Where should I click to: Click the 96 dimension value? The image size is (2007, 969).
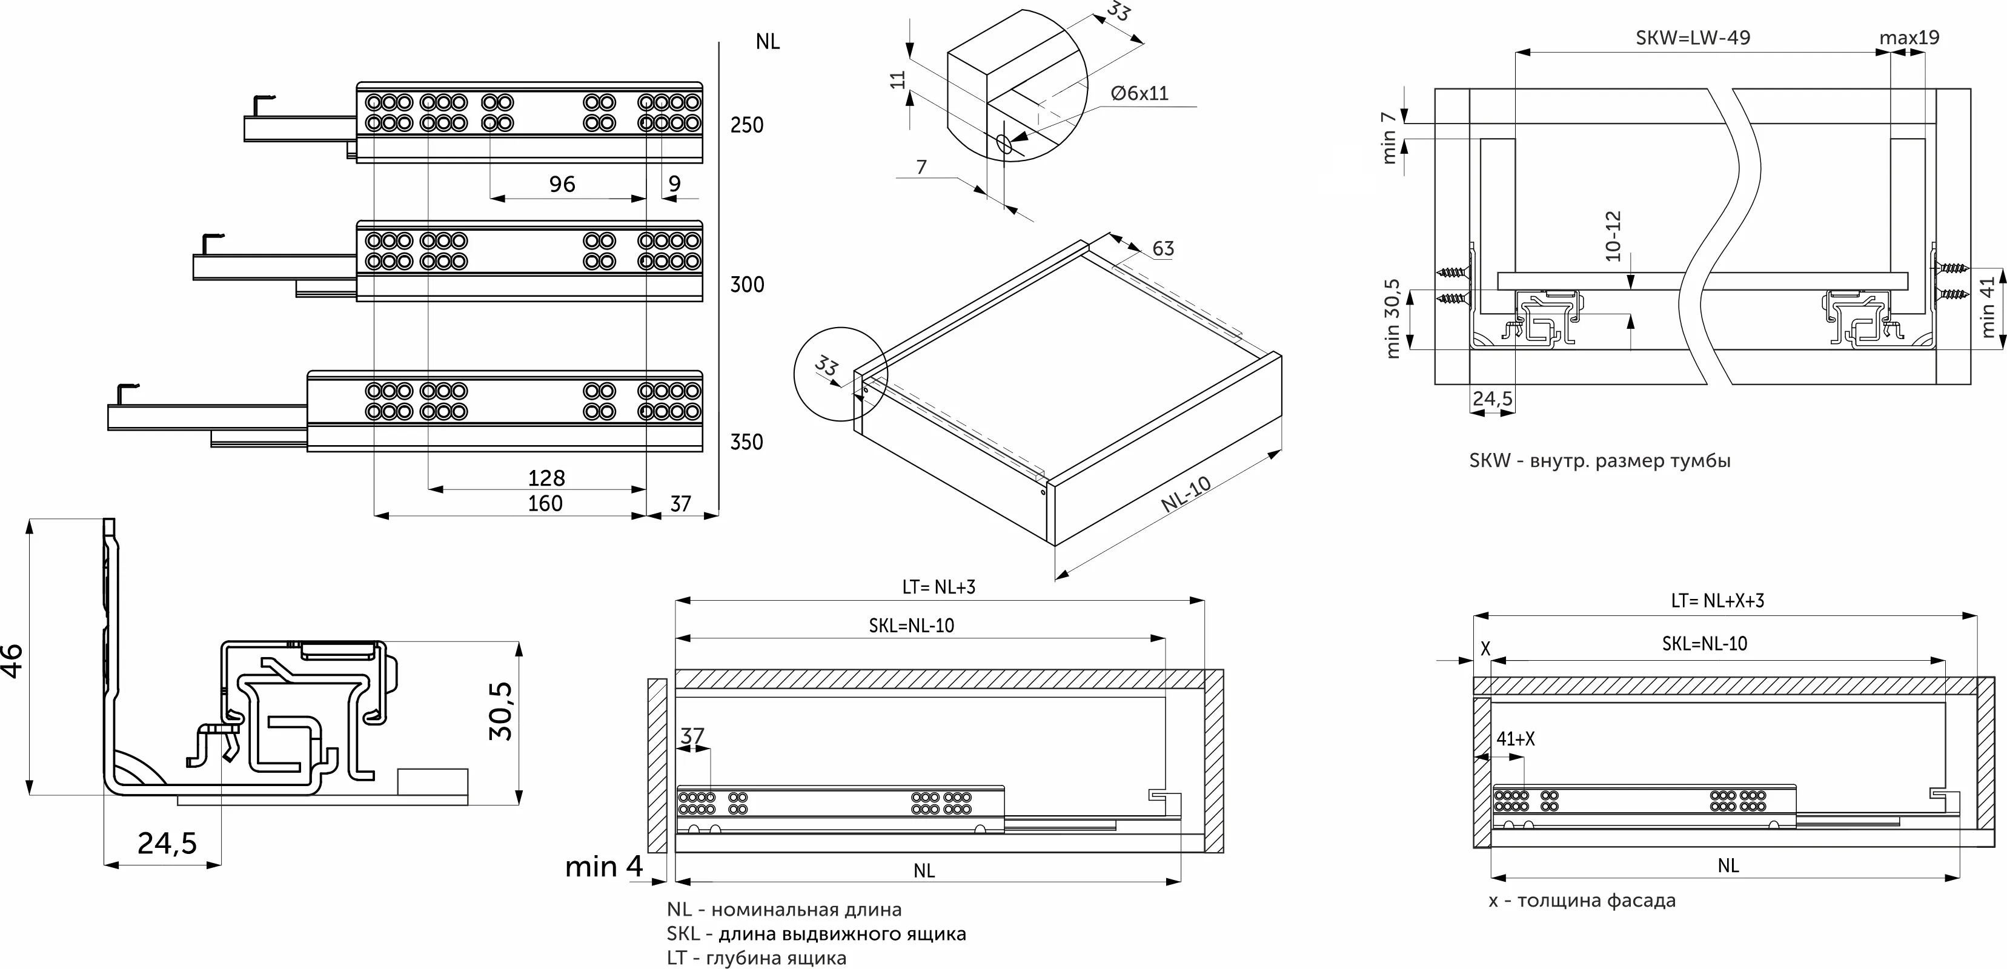tap(562, 185)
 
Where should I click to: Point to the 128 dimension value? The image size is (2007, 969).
tap(546, 477)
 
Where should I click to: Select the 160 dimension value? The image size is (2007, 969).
tap(545, 503)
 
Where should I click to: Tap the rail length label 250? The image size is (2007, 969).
tap(746, 125)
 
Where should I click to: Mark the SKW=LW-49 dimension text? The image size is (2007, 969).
tap(1692, 38)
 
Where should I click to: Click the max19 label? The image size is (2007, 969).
tap(1909, 38)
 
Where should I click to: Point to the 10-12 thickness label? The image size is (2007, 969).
tap(1613, 236)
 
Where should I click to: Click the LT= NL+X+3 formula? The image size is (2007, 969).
tap(1717, 601)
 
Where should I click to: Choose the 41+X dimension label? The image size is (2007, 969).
tap(1514, 738)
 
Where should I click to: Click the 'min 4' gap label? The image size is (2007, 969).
tap(604, 866)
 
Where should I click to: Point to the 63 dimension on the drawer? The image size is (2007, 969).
tap(1163, 248)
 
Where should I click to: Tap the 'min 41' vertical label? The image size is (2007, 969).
tap(1987, 307)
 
